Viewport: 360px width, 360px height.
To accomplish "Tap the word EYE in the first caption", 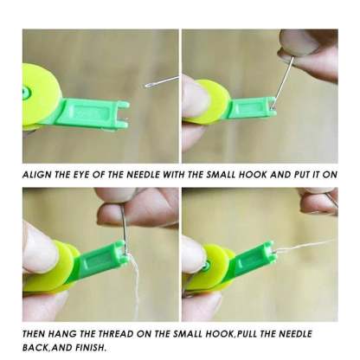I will [83, 173].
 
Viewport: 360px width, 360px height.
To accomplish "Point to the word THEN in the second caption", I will [38, 333].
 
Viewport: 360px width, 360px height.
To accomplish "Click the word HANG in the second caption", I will [73, 333].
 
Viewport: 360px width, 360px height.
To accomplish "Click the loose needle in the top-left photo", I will [159, 81].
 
